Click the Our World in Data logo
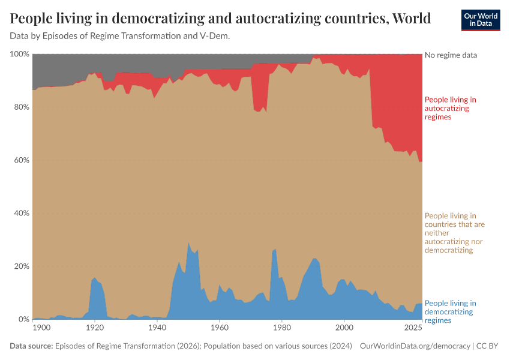[x=480, y=20]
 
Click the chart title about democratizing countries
[x=220, y=19]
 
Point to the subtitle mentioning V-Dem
[x=120, y=36]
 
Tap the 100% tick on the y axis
[x=20, y=54]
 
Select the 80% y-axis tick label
[x=21, y=107]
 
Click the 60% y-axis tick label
[x=21, y=160]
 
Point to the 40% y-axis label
[x=21, y=214]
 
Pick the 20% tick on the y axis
[x=21, y=266]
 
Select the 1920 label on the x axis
[x=94, y=328]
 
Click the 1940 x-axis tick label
[x=157, y=328]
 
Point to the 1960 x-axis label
[x=219, y=328]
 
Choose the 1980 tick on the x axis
[x=281, y=328]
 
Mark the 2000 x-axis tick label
[x=344, y=328]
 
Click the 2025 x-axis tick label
[x=413, y=328]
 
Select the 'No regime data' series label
[x=451, y=55]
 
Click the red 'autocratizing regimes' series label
[x=450, y=108]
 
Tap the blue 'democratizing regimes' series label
[x=450, y=311]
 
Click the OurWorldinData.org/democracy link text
[x=415, y=346]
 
